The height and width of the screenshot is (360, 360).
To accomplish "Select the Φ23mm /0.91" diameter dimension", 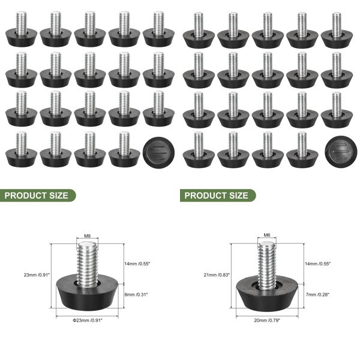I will click(88, 321).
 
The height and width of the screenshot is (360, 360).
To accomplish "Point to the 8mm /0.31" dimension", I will click(137, 294).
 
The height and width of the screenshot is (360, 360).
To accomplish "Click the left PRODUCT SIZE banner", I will click(37, 195).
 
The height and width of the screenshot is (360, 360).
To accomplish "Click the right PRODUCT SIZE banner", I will click(216, 195).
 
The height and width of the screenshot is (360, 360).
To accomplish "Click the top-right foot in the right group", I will click(336, 30).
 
